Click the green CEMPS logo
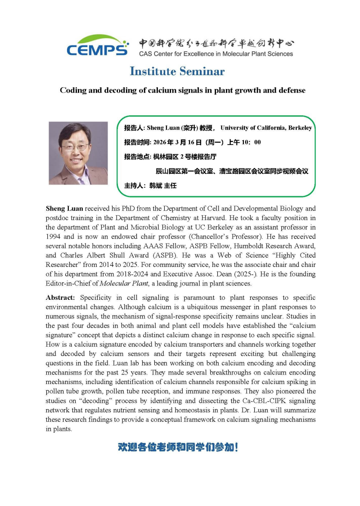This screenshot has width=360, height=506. point(97,45)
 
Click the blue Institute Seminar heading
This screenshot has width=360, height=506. point(177,71)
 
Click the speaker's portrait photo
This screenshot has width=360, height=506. point(78,153)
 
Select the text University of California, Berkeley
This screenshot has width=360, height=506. point(266,128)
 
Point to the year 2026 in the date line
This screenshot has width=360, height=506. point(160,142)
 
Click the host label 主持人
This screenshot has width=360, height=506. point(135,185)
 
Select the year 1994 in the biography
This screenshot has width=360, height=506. point(54,236)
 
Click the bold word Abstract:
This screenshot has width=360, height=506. point(61,298)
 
